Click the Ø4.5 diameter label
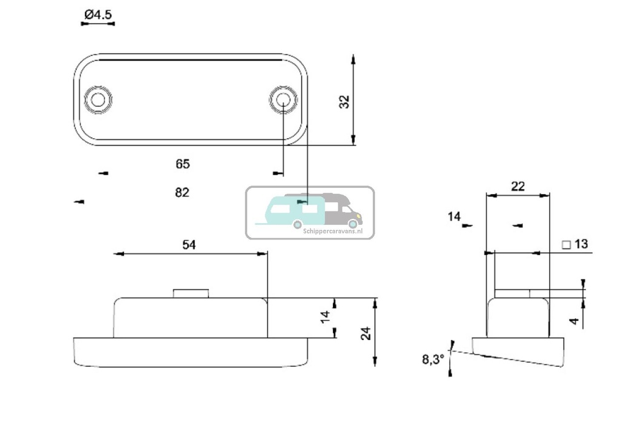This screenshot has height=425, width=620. (98, 15)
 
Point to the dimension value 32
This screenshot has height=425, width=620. (344, 101)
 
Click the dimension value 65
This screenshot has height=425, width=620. (182, 164)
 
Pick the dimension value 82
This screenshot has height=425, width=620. (182, 192)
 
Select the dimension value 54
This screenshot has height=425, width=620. (190, 244)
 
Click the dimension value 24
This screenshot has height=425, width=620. (366, 333)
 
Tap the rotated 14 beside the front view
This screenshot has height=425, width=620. (325, 316)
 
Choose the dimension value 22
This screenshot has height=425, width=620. (518, 186)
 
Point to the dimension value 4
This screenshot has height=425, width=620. (575, 321)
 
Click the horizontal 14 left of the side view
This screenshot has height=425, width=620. (454, 216)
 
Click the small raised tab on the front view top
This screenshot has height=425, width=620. (191, 293)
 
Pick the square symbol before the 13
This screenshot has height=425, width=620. (566, 245)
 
